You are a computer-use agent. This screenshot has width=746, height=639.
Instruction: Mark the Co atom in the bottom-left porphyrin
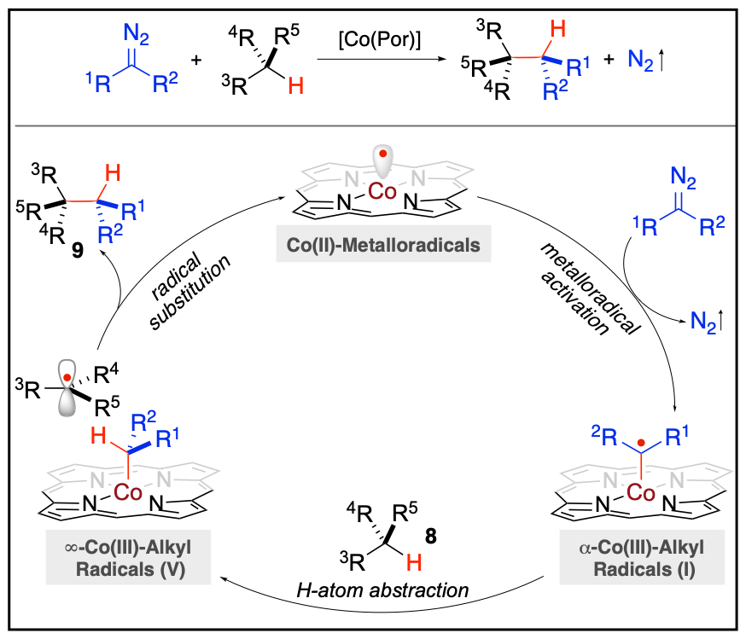(x=128, y=492)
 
